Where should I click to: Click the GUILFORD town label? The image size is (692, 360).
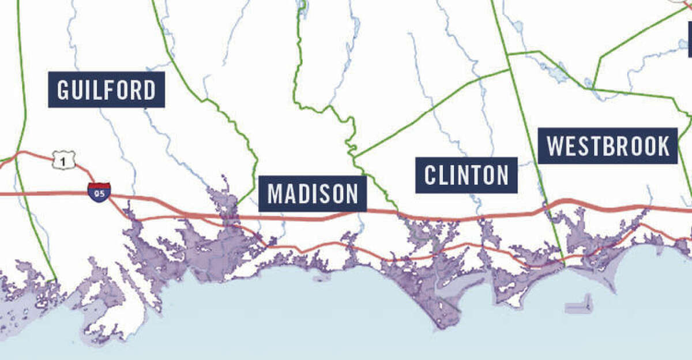106,89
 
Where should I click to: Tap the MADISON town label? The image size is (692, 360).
313,194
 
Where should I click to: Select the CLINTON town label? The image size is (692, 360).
466,175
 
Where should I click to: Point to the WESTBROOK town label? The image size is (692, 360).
608,146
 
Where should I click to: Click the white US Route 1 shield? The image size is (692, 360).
63,160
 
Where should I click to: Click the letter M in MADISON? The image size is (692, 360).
274,194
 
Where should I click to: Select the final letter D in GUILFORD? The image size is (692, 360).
149,90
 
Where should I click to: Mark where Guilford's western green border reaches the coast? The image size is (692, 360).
55,280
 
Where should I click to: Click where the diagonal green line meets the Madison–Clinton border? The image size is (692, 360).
354,156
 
